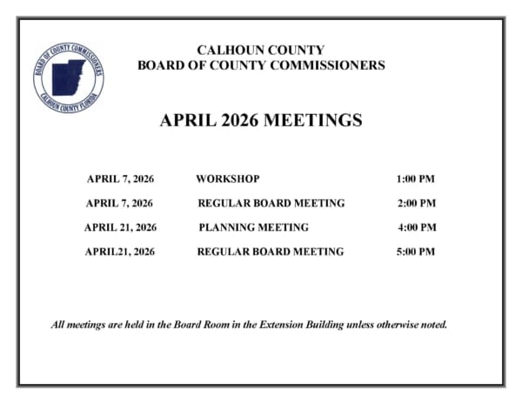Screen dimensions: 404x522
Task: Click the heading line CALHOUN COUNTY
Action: click(261, 50)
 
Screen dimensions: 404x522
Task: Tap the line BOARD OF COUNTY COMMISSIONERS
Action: click(261, 65)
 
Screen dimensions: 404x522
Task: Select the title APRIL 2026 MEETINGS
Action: click(261, 121)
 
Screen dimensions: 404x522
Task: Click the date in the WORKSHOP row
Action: click(120, 179)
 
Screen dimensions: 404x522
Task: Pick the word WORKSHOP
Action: click(227, 179)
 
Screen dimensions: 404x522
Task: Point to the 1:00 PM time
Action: click(415, 179)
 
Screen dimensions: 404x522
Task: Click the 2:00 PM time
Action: click(415, 204)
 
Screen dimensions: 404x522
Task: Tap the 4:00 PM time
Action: click(416, 228)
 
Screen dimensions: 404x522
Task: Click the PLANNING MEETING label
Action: click(253, 228)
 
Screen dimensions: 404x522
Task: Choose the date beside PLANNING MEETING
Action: click(120, 228)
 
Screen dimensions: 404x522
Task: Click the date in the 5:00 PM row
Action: click(119, 252)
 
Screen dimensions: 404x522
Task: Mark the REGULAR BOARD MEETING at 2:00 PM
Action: click(271, 204)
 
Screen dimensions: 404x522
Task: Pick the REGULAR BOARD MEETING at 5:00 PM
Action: click(270, 252)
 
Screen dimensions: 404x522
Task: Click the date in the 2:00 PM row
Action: click(120, 204)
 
